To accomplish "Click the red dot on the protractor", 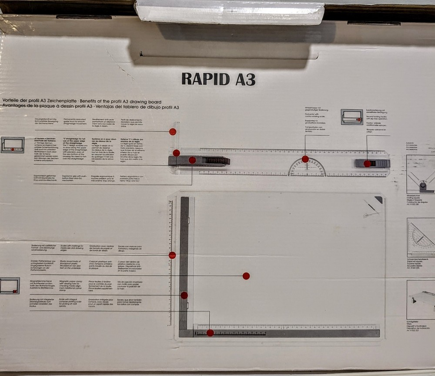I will [305, 159].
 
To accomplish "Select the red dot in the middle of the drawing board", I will [246, 276].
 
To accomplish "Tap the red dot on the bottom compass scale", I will [210, 333].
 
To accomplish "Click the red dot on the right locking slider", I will [368, 164].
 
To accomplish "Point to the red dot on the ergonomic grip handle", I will [192, 160].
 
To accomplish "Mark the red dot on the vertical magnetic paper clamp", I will [184, 295].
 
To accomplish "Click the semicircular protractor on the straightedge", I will [307, 167].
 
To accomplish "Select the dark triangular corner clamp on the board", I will [378, 200].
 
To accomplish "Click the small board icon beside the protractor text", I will [351, 117].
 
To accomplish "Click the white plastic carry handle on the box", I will [230, 12].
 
